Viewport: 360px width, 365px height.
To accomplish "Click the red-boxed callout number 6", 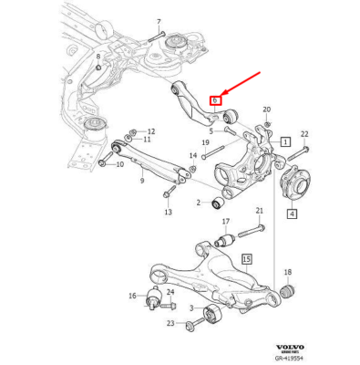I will click(x=215, y=99).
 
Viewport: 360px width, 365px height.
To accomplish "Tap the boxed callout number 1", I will click(x=285, y=143).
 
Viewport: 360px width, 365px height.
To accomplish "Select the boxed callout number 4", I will click(x=293, y=215).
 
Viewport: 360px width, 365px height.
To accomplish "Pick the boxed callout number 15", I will click(x=244, y=260).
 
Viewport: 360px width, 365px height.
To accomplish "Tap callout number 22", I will click(x=304, y=134).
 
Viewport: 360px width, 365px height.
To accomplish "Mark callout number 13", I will click(x=168, y=213).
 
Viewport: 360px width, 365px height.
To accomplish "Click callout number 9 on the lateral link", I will click(x=141, y=181).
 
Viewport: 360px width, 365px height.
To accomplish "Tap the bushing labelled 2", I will click(x=219, y=201).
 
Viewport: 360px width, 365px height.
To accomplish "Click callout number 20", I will click(x=267, y=110).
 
